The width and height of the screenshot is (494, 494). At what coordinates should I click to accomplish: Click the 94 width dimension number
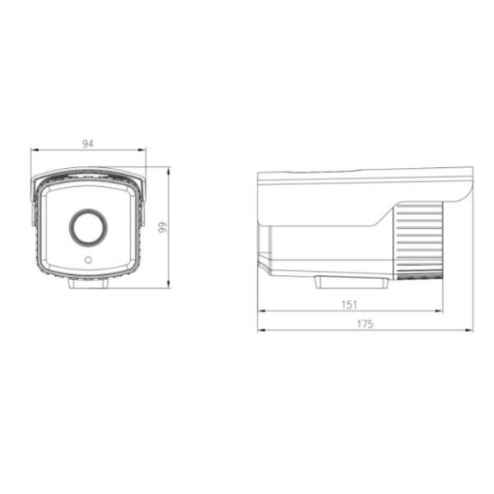88,143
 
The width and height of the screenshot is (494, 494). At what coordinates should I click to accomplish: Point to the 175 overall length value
365,324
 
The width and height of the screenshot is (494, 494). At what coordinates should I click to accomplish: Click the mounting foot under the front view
88,285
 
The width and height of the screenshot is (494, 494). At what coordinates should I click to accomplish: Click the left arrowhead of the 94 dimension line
34,151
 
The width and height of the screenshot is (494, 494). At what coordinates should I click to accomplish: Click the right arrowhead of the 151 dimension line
441,311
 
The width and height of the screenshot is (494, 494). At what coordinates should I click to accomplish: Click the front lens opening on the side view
262,243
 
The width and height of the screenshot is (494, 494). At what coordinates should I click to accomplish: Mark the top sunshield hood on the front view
88,175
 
